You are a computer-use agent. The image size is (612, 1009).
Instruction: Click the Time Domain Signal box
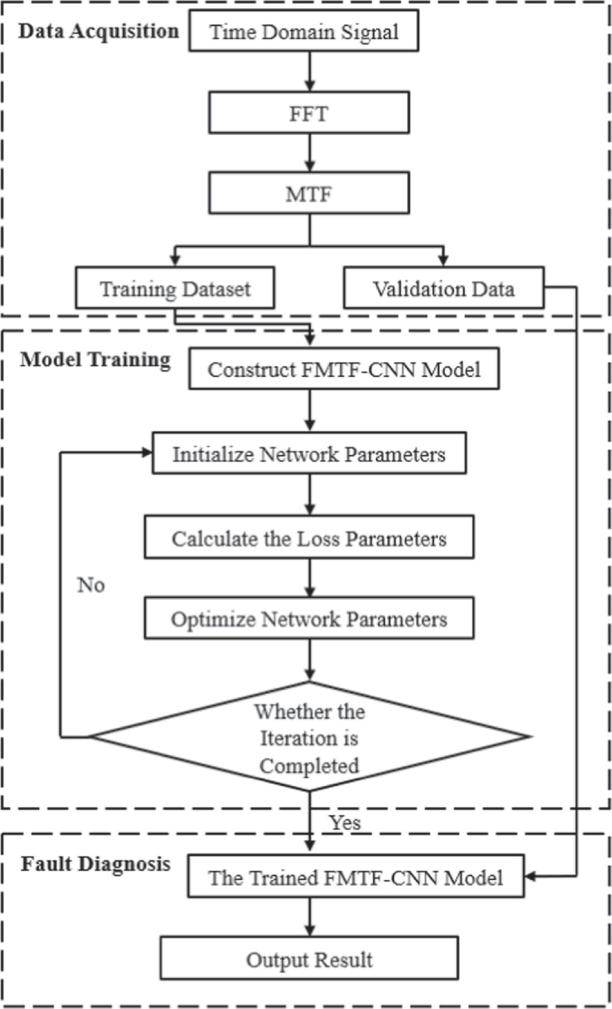[303, 31]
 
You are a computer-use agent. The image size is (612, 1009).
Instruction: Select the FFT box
[309, 113]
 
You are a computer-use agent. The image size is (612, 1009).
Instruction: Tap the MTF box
[309, 193]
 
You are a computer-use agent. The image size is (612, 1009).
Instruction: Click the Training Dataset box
[175, 289]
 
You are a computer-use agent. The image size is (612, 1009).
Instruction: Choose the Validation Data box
[443, 289]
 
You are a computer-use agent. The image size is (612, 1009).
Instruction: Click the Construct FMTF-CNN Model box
[344, 368]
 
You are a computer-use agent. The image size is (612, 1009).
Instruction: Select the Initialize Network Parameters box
[309, 453]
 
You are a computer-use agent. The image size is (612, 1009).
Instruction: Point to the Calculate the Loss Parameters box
[309, 537]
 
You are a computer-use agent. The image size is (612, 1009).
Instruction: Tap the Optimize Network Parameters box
[309, 618]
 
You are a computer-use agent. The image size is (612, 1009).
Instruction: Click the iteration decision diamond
[309, 737]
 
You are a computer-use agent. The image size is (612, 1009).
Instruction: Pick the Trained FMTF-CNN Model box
[355, 877]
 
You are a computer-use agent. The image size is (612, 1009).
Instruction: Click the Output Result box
[309, 959]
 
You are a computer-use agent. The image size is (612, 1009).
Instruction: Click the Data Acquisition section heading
[98, 31]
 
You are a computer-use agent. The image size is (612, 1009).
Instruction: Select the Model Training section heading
[95, 359]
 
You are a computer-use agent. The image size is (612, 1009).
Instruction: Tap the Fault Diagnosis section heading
[95, 863]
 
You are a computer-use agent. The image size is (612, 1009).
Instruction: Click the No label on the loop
[91, 585]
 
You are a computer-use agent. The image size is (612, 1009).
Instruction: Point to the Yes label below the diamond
[345, 822]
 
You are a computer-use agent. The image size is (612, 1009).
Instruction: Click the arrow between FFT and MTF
[309, 152]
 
